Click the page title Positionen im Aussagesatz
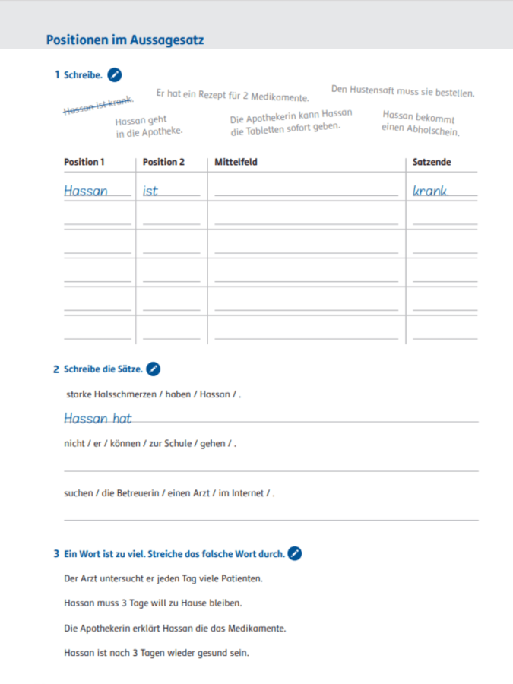tap(125, 40)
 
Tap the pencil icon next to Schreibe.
tap(115, 74)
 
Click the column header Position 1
tap(84, 162)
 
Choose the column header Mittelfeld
tap(236, 162)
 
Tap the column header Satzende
tap(432, 162)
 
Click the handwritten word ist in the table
tap(150, 192)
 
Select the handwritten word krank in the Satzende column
tap(430, 192)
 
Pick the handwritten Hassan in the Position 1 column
tap(86, 192)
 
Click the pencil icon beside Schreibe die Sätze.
tap(153, 369)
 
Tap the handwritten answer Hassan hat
tap(98, 418)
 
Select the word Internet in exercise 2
tap(247, 493)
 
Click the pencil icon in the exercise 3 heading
tap(295, 553)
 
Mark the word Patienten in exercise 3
tap(236, 578)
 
